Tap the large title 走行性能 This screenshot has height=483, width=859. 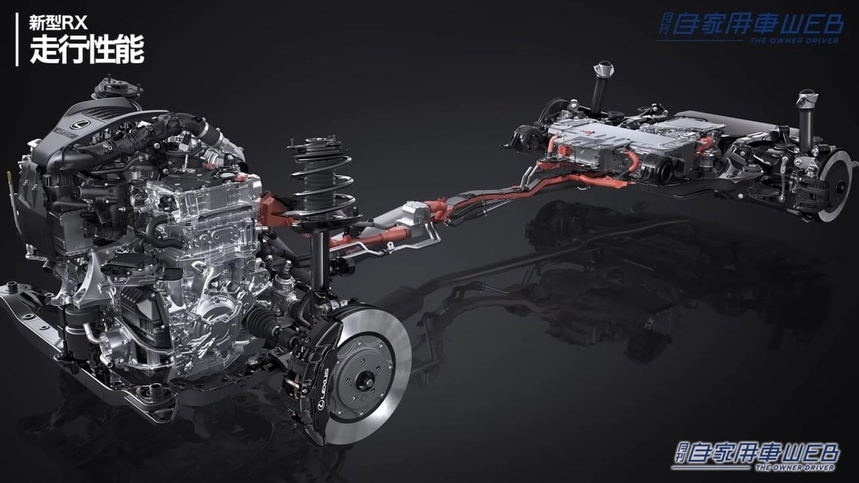point(87,50)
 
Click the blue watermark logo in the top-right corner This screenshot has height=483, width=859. point(750,28)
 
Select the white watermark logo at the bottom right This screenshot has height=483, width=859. point(755,458)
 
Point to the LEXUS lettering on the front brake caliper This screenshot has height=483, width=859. point(324,388)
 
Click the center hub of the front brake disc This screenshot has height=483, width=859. point(362,381)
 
